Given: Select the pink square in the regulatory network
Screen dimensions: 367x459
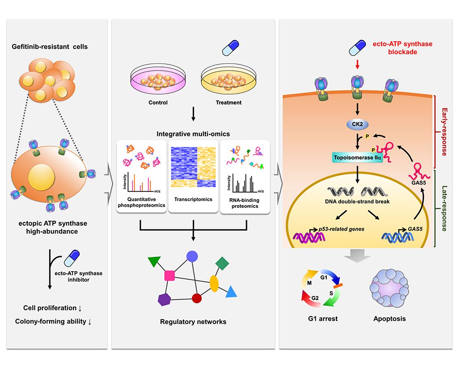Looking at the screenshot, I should (x=169, y=275).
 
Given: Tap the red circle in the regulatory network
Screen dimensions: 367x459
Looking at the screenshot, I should (x=197, y=299).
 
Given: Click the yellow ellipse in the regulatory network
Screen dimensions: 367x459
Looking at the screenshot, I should (x=214, y=283).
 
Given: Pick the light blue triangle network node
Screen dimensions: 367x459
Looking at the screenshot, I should (x=231, y=291).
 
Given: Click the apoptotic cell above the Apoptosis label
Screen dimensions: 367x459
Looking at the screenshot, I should (x=389, y=290).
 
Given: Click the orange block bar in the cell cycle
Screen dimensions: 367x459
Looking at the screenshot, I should (x=338, y=286).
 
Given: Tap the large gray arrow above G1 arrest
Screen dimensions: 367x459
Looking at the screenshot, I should (x=358, y=257).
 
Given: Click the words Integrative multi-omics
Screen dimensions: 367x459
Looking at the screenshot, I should (x=193, y=134).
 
